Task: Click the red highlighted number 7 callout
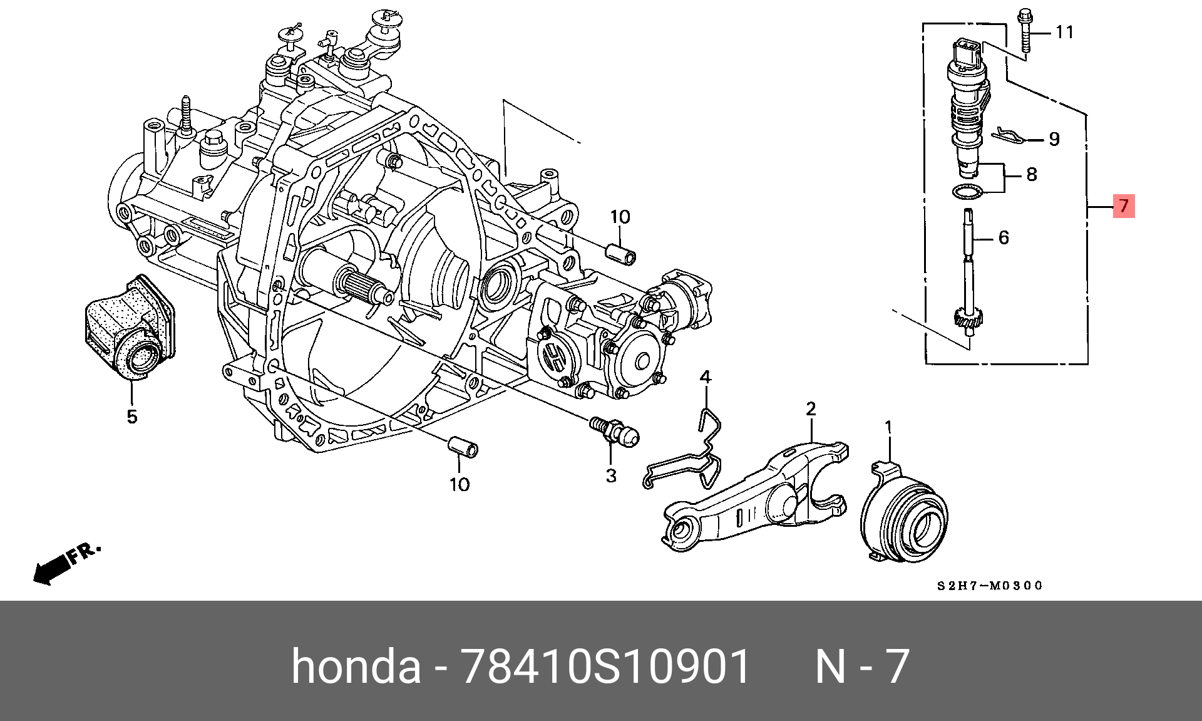coord(1124,205)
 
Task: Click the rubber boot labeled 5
coord(130,328)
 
